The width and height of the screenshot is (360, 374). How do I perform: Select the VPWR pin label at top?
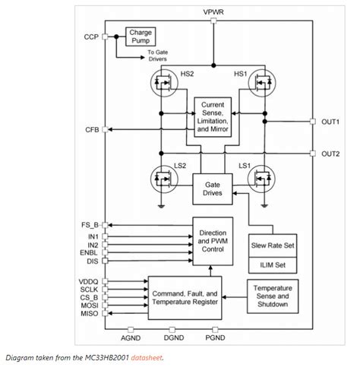(x=213, y=13)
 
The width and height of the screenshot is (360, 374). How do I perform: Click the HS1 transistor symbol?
(x=263, y=81)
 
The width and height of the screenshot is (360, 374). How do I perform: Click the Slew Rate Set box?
(x=271, y=246)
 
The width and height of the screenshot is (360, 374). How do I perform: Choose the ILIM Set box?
(x=271, y=265)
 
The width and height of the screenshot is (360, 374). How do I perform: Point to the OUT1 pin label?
(x=330, y=122)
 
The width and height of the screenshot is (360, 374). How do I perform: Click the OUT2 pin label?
(x=330, y=154)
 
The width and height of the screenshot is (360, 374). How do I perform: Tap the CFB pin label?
(x=92, y=129)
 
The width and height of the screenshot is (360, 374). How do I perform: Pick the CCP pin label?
(x=92, y=36)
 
